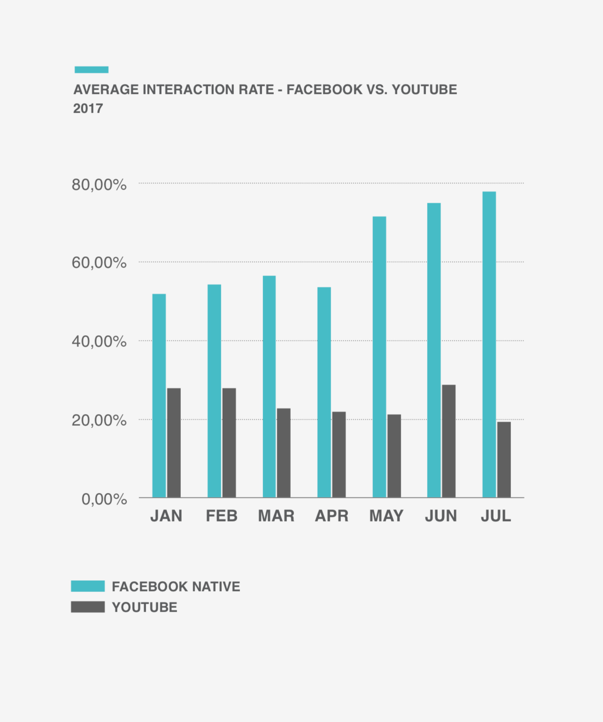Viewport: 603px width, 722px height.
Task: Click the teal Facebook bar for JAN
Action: [159, 395]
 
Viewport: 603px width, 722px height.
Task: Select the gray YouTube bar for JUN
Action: [448, 441]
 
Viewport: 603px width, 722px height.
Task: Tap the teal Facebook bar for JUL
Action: [489, 344]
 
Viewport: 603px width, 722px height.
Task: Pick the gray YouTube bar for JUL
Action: [504, 459]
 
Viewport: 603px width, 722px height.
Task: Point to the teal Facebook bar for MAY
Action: [379, 357]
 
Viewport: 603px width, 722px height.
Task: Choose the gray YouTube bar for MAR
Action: [284, 453]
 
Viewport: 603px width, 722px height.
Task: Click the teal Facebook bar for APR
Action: [324, 392]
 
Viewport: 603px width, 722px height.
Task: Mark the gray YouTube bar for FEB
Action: [229, 442]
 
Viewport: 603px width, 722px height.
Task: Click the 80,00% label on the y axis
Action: [99, 185]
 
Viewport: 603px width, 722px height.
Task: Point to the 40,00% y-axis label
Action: [99, 341]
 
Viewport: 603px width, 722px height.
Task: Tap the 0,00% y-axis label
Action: [104, 499]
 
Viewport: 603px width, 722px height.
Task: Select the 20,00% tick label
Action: [99, 420]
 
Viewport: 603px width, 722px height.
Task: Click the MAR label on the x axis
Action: [276, 516]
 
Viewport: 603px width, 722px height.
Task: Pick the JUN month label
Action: [441, 516]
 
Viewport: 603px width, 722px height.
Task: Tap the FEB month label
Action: [222, 516]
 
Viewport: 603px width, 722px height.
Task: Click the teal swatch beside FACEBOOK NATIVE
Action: [88, 586]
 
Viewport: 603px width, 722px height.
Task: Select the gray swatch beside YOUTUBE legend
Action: [88, 607]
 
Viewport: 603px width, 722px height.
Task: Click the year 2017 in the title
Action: [88, 108]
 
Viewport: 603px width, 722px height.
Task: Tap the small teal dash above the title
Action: [92, 69]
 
